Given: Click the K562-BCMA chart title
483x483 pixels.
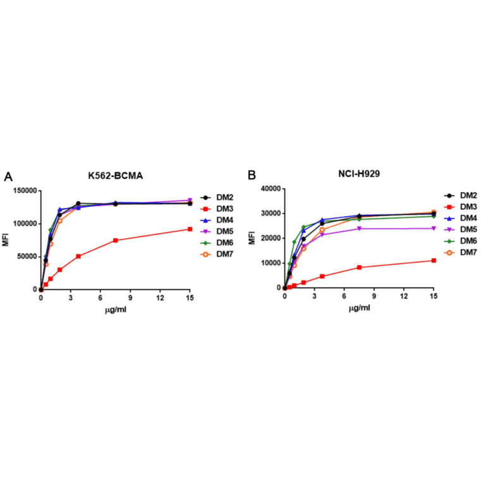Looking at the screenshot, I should coord(115,176).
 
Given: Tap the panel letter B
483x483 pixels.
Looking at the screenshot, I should coord(251,176).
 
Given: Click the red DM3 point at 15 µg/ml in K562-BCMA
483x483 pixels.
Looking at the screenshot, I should coord(190,229).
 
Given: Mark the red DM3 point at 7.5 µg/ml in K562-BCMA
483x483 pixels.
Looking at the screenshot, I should coord(115,240).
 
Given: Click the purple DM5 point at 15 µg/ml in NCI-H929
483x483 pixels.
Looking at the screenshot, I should coord(434,228).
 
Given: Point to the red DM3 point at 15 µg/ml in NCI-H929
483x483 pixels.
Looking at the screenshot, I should coord(434,260).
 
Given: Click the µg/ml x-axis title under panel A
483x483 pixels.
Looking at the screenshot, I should coord(115,310).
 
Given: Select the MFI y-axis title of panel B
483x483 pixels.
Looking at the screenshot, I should coord(253,238).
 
